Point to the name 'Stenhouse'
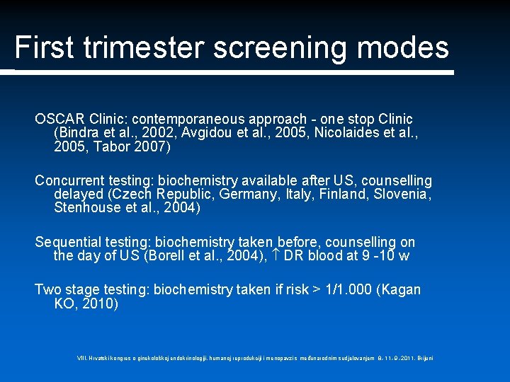pos(86,208)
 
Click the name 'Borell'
pos(167,256)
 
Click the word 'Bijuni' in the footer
pos(424,358)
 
